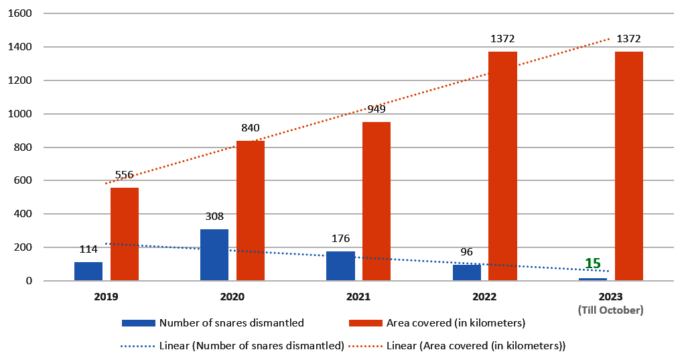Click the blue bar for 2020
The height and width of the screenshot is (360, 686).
coord(214,255)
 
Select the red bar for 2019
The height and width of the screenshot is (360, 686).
coord(125,235)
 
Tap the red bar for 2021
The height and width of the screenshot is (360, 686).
coord(376,202)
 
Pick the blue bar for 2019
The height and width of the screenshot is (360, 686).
coord(88,272)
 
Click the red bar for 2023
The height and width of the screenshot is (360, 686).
coord(628,166)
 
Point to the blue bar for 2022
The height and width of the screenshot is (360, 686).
coord(467,273)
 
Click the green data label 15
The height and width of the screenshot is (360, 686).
coord(593,263)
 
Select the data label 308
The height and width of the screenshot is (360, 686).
coord(214,217)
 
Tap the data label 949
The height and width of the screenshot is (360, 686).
coord(376,109)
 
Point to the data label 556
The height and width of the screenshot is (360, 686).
coord(124,175)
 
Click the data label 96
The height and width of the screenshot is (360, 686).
coord(467,252)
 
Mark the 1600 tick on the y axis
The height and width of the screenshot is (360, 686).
coord(20,13)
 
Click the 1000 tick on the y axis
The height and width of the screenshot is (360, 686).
coord(20,114)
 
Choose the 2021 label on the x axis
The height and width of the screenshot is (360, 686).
coord(358,297)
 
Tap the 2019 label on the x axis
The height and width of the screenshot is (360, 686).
coord(107,297)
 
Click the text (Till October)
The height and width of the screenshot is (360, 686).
coord(611,310)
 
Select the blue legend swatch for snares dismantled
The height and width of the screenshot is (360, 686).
coord(139,323)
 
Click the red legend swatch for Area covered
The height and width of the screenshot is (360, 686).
coord(366,323)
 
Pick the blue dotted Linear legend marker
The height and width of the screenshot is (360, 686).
coord(138,346)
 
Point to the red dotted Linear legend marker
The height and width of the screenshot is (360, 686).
coord(365,346)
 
